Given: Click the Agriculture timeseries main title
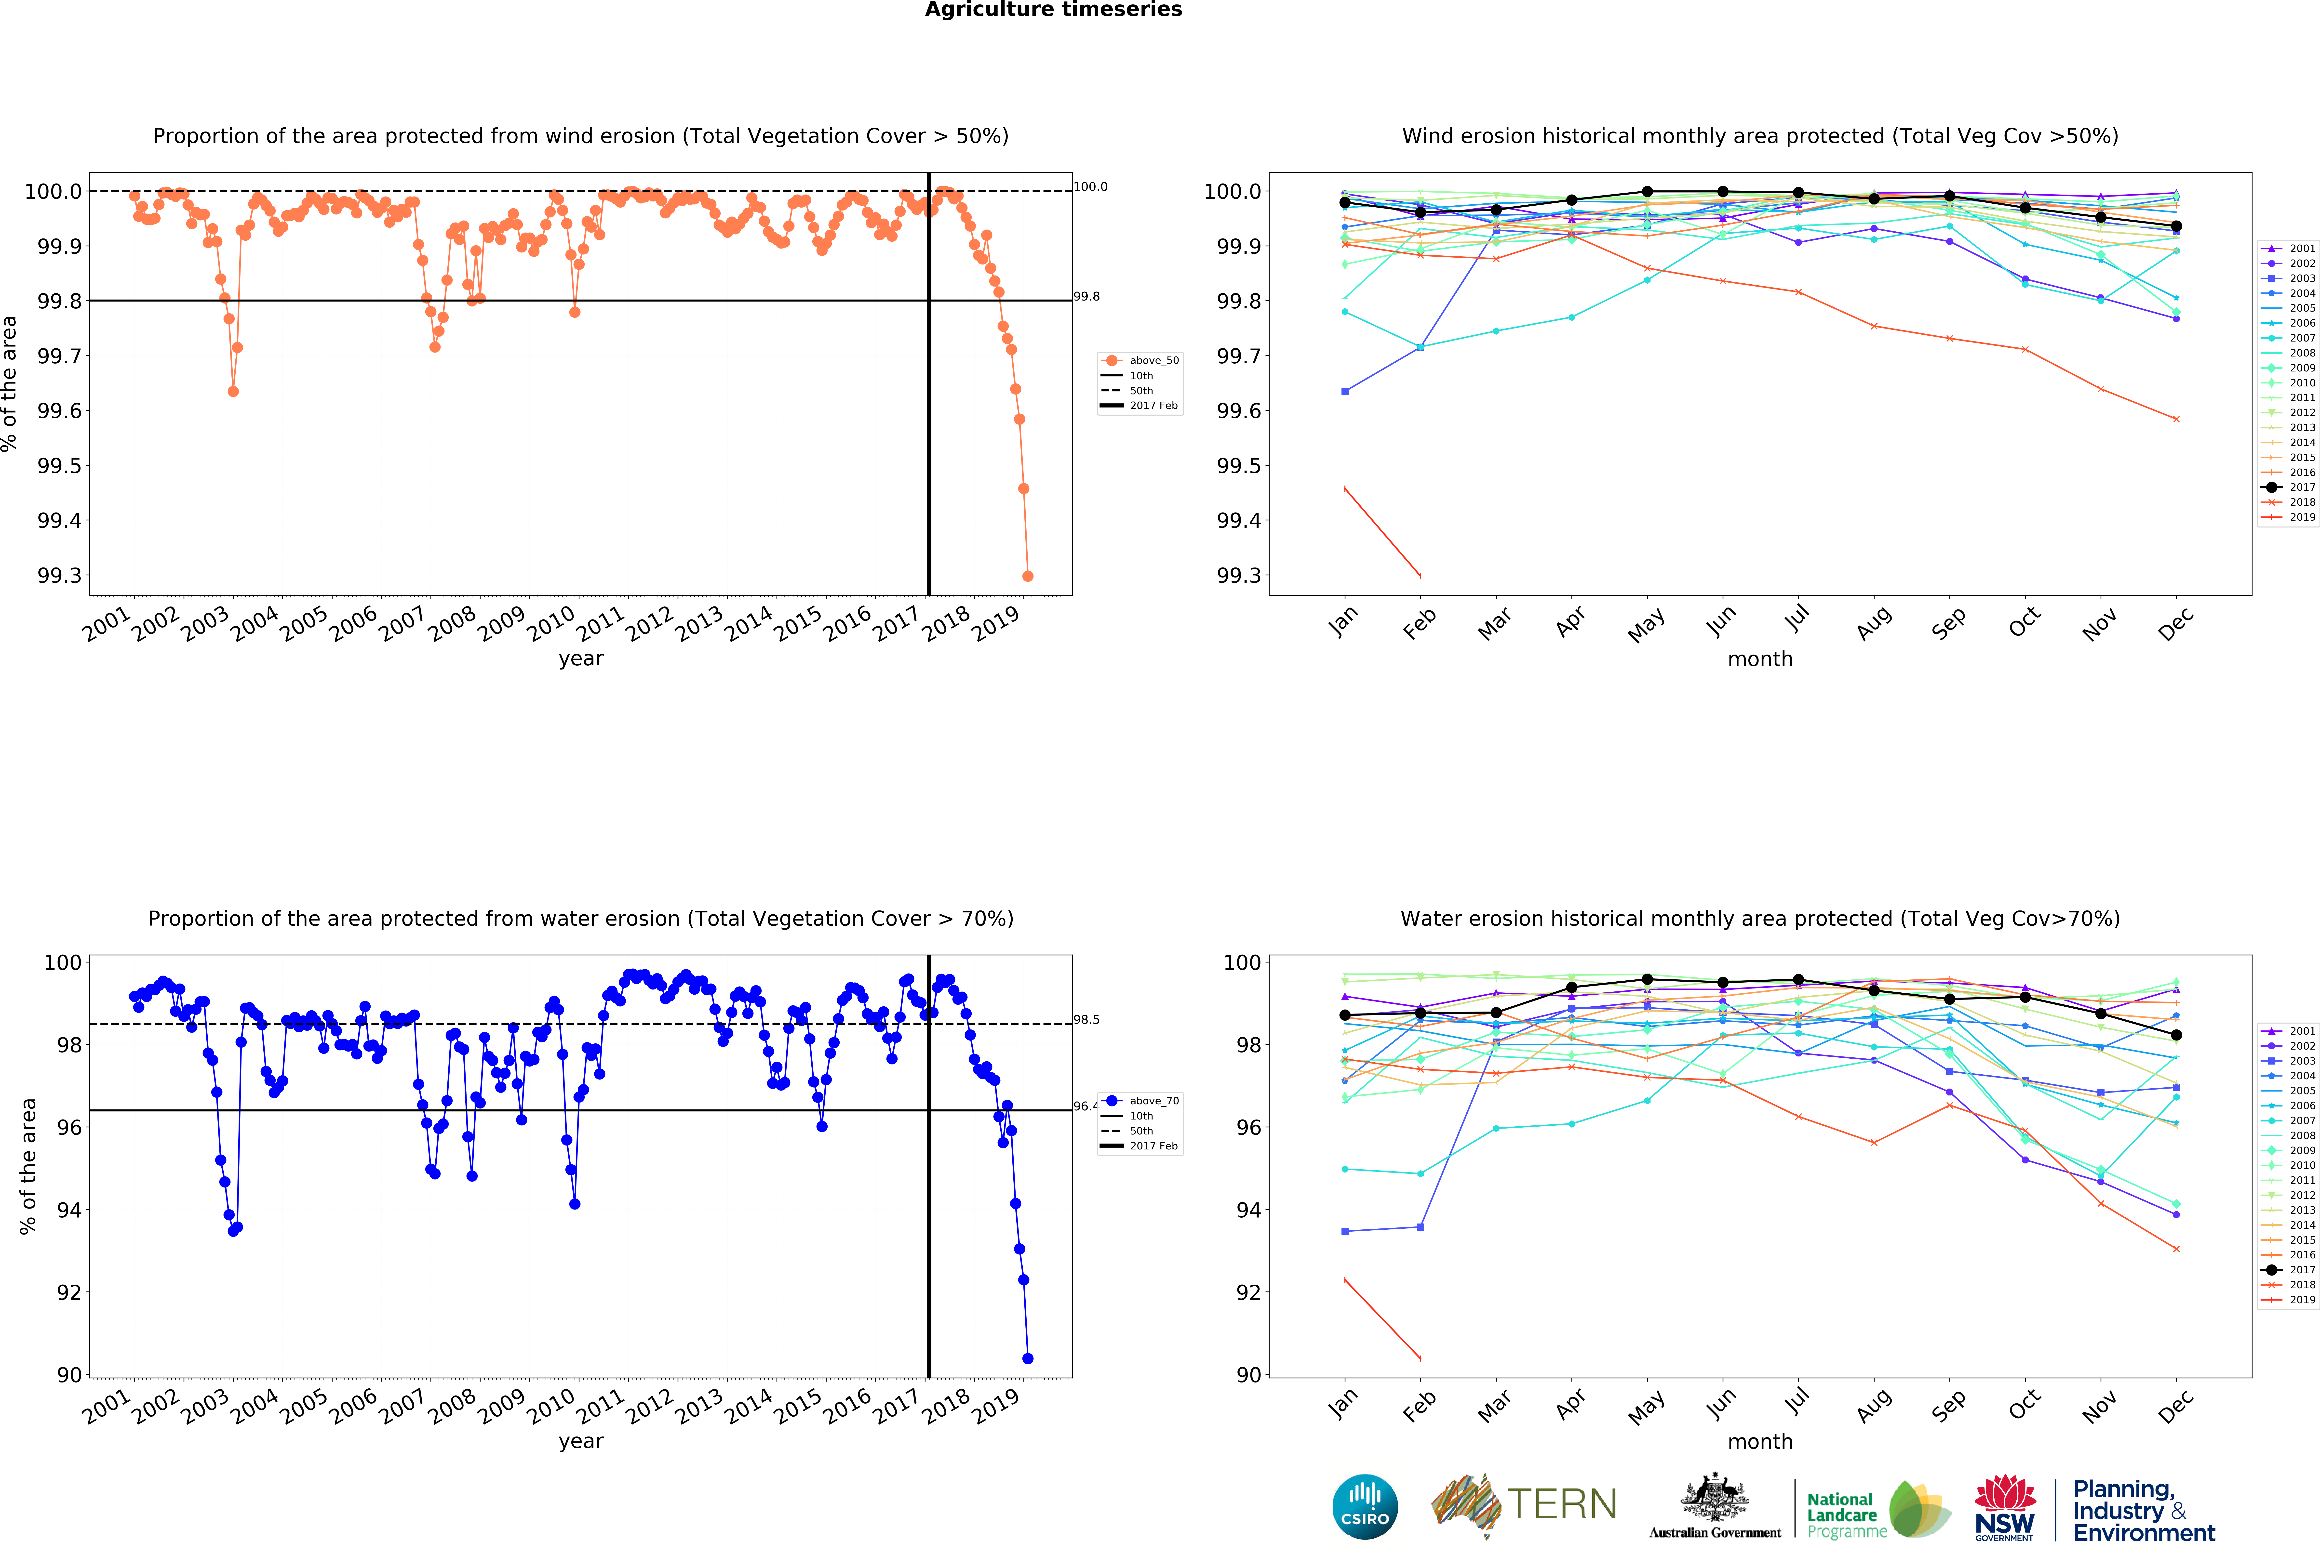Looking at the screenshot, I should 1053,10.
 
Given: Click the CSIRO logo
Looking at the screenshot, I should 1365,1506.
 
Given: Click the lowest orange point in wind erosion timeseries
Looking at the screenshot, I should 1027,576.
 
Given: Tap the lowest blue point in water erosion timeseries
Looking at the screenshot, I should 1027,1358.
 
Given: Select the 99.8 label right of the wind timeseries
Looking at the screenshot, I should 1086,296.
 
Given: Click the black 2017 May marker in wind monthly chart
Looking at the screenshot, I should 1647,192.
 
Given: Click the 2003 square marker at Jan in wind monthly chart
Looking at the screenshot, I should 1345,391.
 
